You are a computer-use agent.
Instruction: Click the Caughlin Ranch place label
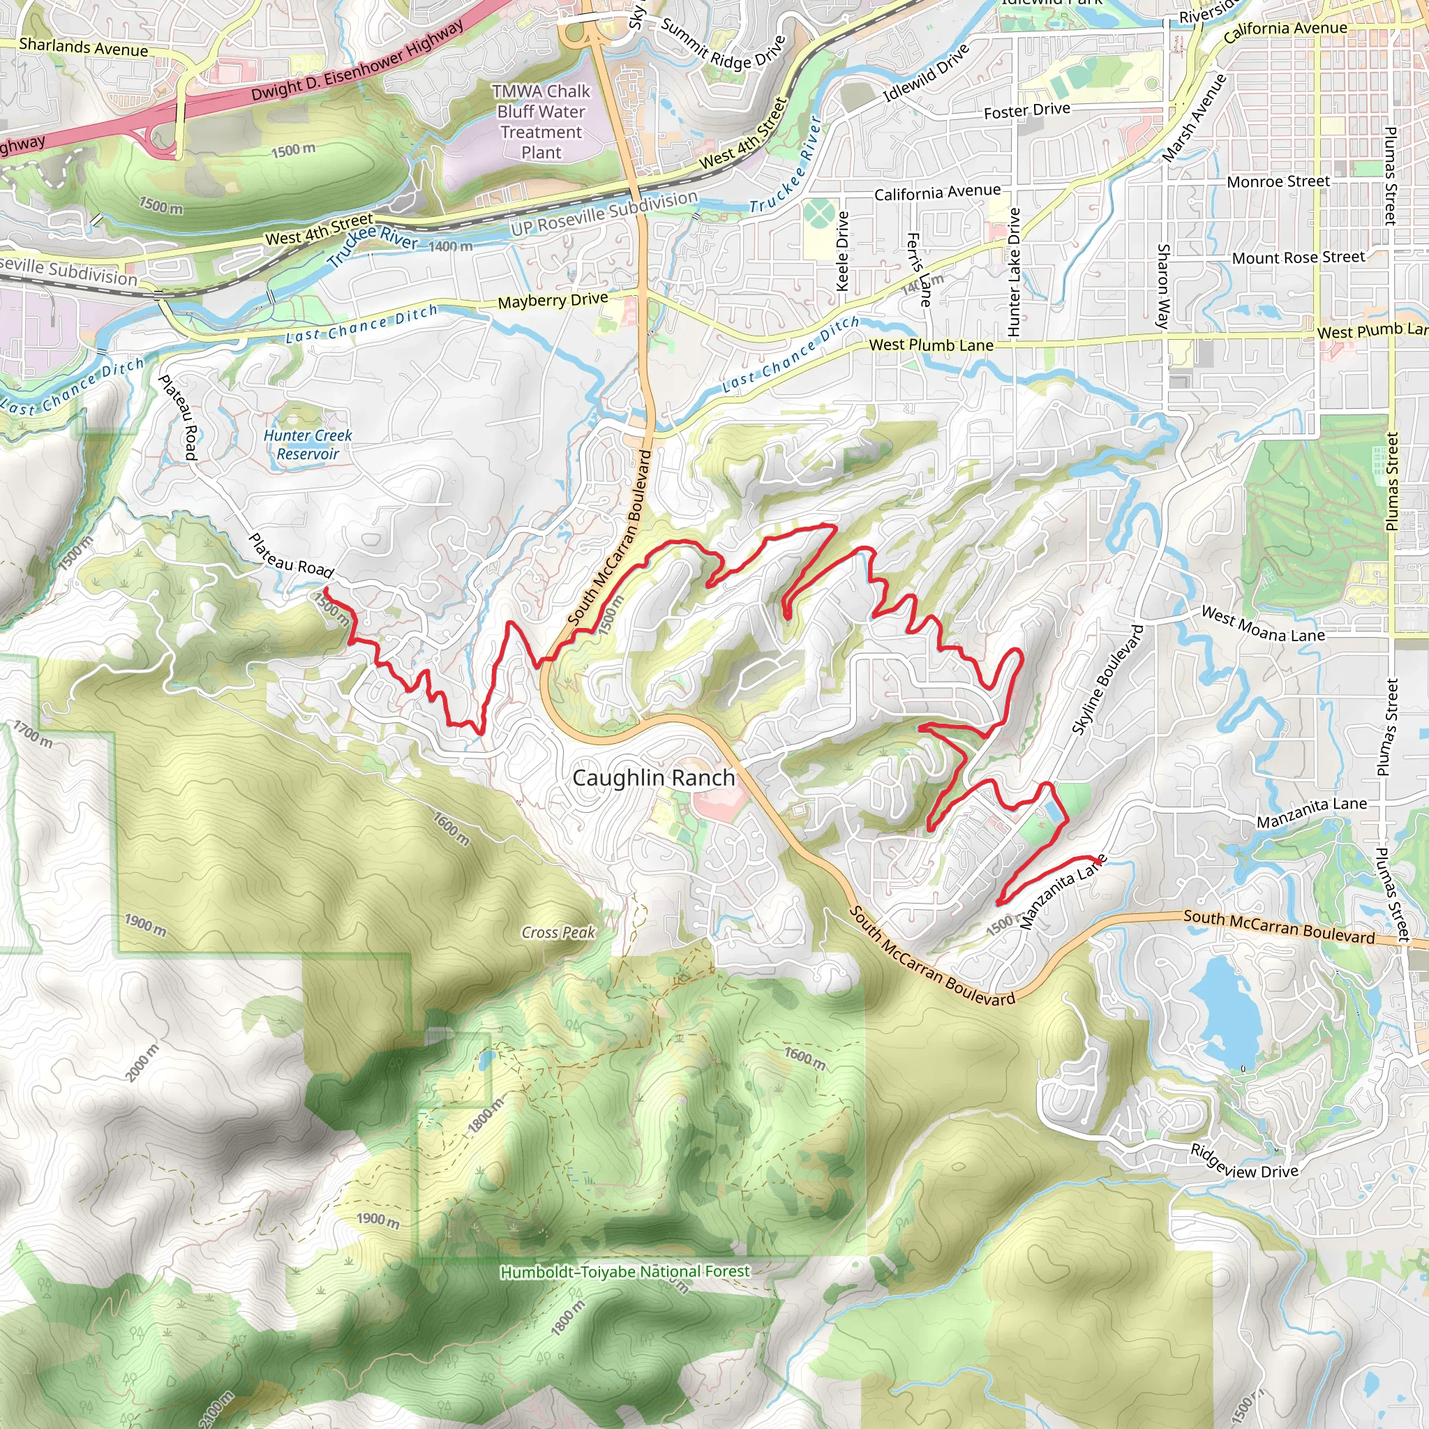[654, 778]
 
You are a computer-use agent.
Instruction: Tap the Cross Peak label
[558, 933]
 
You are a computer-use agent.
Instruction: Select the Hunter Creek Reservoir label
[308, 444]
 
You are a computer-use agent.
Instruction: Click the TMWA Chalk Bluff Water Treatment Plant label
[541, 122]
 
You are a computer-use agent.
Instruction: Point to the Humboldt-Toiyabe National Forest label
[625, 1271]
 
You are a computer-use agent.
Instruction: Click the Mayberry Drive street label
[553, 300]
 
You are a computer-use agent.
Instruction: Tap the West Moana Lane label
[1262, 624]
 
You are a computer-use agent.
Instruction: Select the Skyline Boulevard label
[1107, 680]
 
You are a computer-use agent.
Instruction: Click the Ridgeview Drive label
[1244, 1161]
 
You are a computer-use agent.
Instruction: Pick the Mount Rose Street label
[1298, 257]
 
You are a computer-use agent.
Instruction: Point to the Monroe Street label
[1278, 181]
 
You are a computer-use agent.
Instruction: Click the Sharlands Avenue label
[84, 47]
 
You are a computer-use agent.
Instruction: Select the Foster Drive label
[1026, 111]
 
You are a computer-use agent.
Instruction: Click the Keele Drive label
[842, 251]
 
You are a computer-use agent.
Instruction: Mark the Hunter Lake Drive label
[1014, 272]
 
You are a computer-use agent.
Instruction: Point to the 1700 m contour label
[33, 735]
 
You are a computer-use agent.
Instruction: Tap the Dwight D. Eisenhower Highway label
[357, 61]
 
